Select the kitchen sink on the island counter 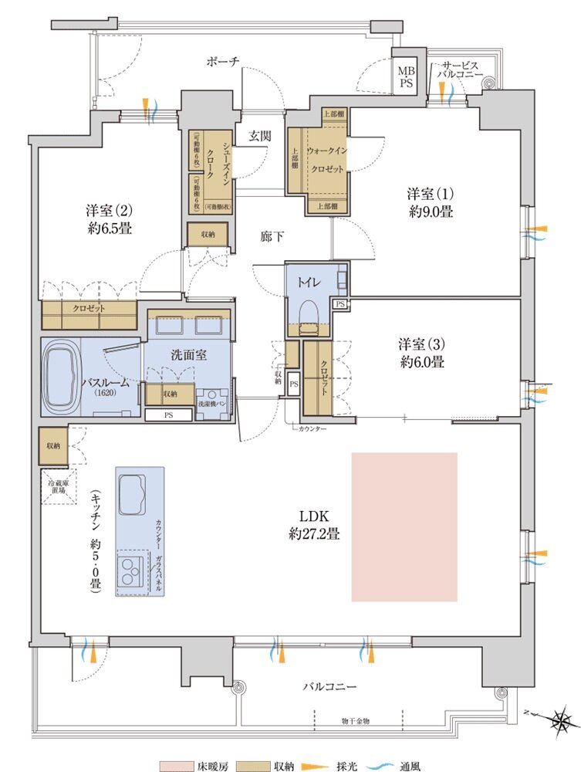(133, 494)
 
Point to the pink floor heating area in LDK (404, 527)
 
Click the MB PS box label (406, 77)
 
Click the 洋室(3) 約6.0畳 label (422, 351)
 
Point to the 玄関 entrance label (258, 136)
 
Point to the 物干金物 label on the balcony (356, 720)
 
